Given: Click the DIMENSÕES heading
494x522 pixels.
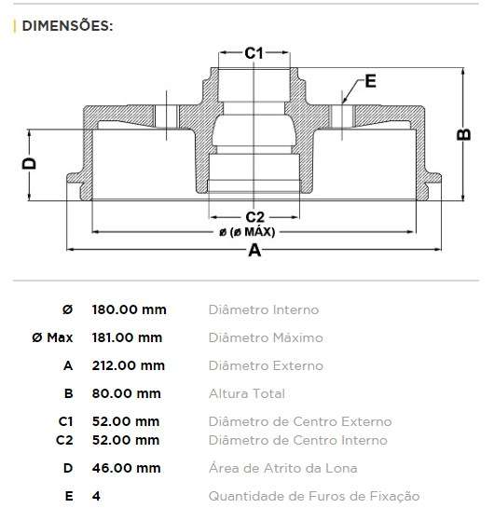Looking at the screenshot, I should coord(66,25).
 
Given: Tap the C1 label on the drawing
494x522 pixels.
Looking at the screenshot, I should coord(254,53).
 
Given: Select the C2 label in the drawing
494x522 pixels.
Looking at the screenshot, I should coord(254,217).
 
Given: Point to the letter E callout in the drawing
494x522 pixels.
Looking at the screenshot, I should coord(371,81).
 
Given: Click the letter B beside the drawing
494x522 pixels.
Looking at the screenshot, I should coord(463,133).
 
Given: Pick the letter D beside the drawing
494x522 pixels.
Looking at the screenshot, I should coord(29,164).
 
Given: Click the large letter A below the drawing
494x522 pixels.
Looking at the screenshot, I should coord(254,251).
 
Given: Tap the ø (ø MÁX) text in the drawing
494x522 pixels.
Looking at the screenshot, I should coord(253,232).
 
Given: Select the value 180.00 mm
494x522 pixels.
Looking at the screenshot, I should coord(129,309).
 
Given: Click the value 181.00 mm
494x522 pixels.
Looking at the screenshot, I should coord(127,337).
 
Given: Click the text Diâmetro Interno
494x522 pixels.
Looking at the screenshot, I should coord(264,309).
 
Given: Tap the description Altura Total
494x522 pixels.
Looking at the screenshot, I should coord(247,393).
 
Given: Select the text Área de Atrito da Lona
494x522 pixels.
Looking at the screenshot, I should coord(282,468).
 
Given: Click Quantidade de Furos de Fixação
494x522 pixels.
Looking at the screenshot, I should coord(314,496).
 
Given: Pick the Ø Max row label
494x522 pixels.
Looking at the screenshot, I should coord(52,337).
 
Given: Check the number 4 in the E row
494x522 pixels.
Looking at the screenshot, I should coord(96,496).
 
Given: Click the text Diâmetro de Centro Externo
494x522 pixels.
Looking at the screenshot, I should coord(300,422).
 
